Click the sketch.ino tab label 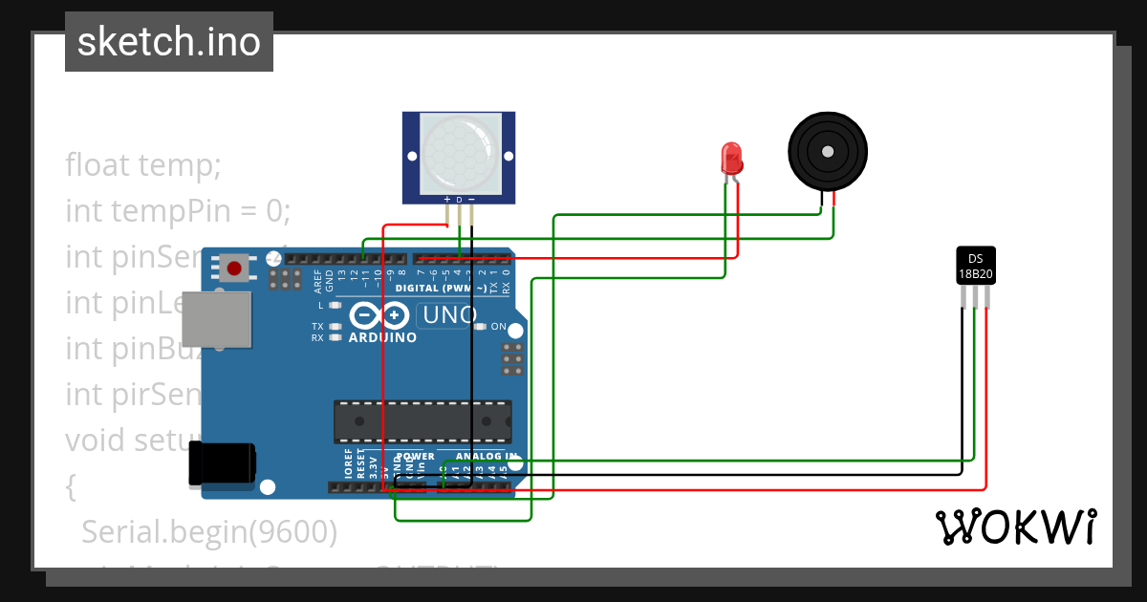(x=169, y=42)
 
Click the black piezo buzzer (x=827, y=151)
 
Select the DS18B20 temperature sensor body (x=976, y=267)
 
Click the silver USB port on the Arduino (x=217, y=318)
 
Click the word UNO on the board (x=449, y=315)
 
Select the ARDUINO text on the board (x=382, y=337)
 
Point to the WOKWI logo (x=1015, y=527)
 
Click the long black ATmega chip (x=422, y=421)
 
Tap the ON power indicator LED (x=480, y=327)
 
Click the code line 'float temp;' (x=143, y=165)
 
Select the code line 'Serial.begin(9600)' (x=209, y=532)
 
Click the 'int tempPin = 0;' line (x=177, y=210)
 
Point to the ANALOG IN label (x=486, y=456)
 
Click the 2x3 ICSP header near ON (x=512, y=359)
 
